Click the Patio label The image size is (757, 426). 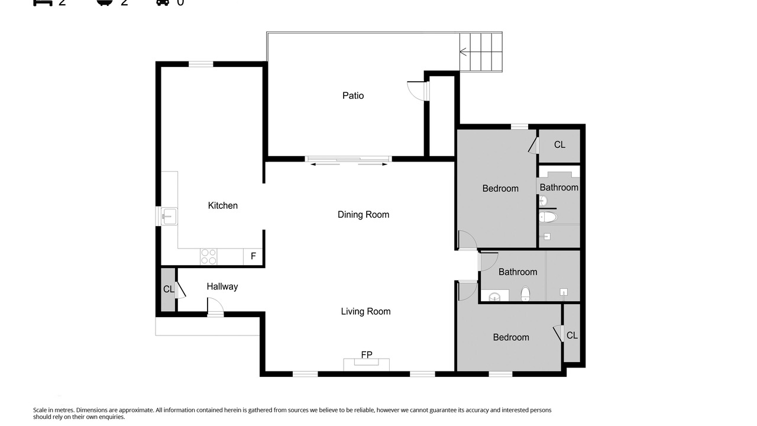(x=353, y=96)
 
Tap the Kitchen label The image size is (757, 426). (x=223, y=205)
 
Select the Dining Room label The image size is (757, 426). (x=363, y=215)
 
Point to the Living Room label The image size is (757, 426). (x=365, y=311)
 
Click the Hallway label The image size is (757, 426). (x=222, y=287)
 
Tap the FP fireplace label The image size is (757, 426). (x=367, y=354)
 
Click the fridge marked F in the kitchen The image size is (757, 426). (x=253, y=257)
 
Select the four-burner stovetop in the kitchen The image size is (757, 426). (x=209, y=257)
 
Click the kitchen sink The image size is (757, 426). (x=169, y=216)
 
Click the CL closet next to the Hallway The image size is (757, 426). (x=168, y=290)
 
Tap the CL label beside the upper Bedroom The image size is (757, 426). (x=559, y=145)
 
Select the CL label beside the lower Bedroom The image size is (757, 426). (x=572, y=335)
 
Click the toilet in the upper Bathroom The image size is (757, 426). (x=548, y=217)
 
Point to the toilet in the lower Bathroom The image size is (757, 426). (x=525, y=293)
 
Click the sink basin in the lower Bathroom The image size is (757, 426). (x=494, y=297)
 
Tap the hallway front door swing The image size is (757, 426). (x=215, y=306)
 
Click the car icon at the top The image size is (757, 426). (x=163, y=2)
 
